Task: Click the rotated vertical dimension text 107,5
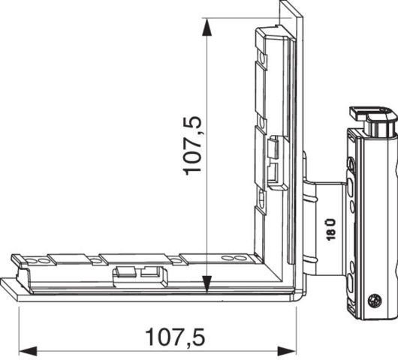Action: pos(192,145)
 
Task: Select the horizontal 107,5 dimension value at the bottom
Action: pos(175,337)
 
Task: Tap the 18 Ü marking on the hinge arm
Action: pos(330,229)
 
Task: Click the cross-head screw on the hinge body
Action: pos(375,301)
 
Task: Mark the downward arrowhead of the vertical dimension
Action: pos(207,284)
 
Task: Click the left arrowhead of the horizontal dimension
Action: pos(28,352)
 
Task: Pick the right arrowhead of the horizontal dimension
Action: pos(287,352)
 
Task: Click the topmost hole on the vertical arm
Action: pos(261,59)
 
